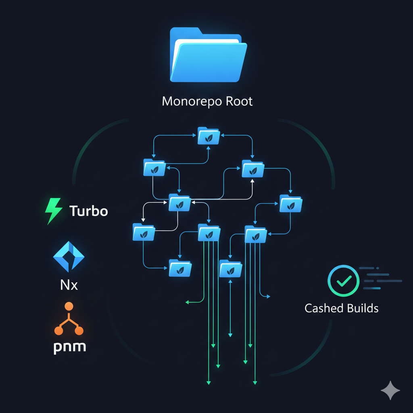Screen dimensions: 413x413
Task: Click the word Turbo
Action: [x=89, y=211]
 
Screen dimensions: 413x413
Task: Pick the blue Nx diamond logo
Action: [x=69, y=257]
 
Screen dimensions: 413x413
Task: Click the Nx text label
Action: [x=69, y=285]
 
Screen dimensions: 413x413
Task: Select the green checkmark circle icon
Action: [x=343, y=281]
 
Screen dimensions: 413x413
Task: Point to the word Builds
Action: [x=360, y=309]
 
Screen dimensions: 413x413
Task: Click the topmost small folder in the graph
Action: [x=209, y=136]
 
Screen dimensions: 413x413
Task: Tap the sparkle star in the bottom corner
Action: [x=390, y=391]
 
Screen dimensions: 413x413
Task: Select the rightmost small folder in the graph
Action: [x=291, y=203]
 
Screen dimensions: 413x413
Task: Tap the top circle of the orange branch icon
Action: [x=69, y=306]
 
